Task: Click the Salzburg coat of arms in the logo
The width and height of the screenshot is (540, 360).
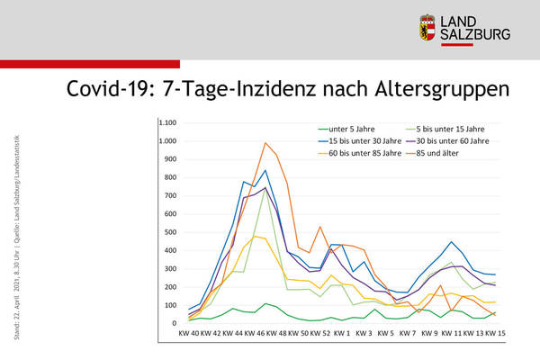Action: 427,27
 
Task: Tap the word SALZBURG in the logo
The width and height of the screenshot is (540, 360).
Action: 474,35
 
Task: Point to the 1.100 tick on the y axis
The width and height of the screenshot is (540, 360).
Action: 168,123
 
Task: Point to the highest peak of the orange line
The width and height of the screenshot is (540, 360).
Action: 265,143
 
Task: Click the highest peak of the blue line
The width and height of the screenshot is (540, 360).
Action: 265,170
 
